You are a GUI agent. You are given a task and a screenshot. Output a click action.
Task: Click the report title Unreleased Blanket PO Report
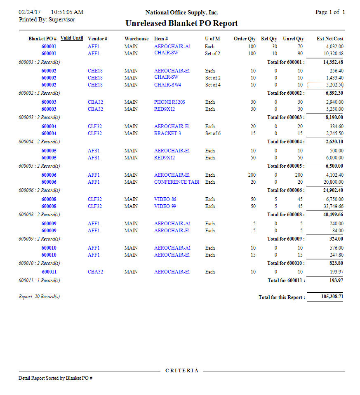coord(181,23)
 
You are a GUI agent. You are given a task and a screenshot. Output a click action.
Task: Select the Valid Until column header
coord(72,38)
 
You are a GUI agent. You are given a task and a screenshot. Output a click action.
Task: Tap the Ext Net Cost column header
coord(330,39)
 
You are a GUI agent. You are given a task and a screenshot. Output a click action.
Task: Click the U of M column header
coord(212,39)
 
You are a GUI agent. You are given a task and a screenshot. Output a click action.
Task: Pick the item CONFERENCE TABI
coord(176,182)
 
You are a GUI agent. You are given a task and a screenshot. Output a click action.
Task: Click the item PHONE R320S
coord(169,102)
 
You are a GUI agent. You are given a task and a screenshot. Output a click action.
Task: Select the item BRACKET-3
coord(167,133)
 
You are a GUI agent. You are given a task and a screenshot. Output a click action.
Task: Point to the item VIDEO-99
coord(165,206)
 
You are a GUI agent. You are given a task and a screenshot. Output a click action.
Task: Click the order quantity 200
coord(252,175)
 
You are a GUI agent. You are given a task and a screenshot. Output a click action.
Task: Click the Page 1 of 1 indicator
coord(330,12)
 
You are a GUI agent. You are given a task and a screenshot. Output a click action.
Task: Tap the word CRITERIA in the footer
coord(182,371)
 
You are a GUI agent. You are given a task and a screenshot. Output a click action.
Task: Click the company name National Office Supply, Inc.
coord(182,13)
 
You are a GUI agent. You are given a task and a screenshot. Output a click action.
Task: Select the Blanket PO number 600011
coord(49,272)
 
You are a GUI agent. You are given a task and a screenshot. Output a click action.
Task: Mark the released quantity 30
coord(275,47)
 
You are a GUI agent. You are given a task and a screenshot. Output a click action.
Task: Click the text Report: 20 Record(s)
coord(39,297)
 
